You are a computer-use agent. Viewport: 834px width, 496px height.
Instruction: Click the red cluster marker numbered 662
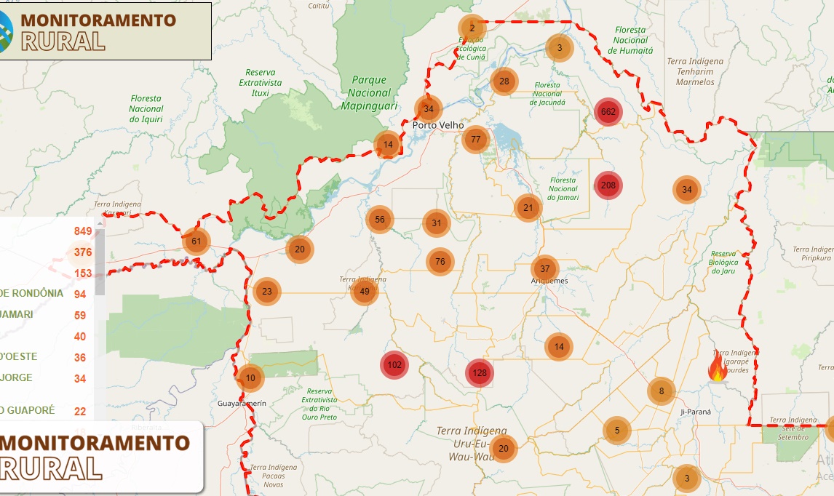(608, 112)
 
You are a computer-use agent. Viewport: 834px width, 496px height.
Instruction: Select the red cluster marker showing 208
(608, 185)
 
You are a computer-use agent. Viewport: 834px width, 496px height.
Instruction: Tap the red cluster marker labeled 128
(480, 373)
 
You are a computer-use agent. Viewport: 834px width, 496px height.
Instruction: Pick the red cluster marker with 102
(394, 365)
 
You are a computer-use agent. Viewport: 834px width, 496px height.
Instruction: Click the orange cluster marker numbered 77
(475, 140)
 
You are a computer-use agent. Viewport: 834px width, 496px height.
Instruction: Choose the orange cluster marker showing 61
(196, 241)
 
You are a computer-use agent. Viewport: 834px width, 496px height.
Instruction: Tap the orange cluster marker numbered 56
(379, 220)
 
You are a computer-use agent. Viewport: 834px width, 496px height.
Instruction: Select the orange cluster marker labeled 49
(365, 292)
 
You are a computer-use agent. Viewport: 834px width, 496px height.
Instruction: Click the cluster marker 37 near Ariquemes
(545, 269)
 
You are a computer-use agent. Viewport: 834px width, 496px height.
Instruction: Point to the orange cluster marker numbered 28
(504, 81)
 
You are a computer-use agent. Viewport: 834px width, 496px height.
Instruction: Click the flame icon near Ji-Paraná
(718, 368)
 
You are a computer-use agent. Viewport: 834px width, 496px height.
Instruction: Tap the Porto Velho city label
(438, 125)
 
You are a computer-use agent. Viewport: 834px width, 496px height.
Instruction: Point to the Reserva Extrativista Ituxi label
(260, 82)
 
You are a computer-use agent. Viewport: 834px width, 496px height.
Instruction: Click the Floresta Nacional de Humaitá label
(630, 40)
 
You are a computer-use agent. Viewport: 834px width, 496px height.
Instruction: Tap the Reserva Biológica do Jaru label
(723, 262)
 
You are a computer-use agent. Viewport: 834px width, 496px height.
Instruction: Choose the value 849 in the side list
(82, 231)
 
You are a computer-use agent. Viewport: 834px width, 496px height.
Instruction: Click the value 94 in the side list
(80, 294)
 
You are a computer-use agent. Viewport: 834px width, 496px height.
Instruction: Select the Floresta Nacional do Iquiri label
(146, 108)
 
